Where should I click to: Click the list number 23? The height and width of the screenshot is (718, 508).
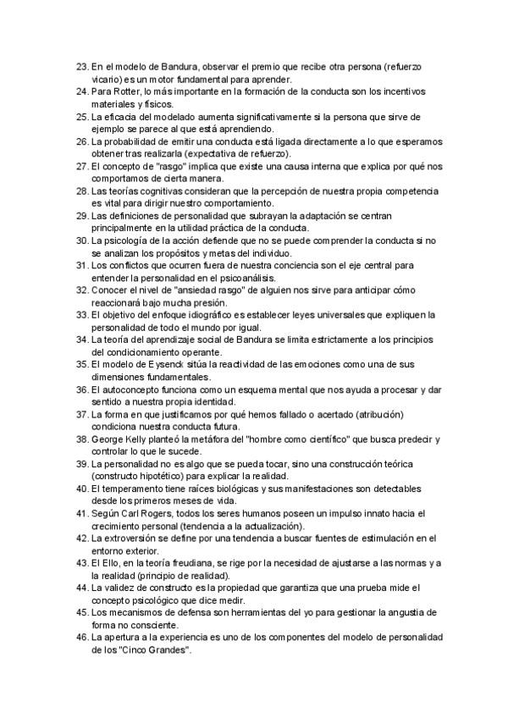81,66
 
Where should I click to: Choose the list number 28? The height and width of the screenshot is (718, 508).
81,192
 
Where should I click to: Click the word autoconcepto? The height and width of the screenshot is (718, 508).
130,389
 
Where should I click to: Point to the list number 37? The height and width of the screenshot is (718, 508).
81,415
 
